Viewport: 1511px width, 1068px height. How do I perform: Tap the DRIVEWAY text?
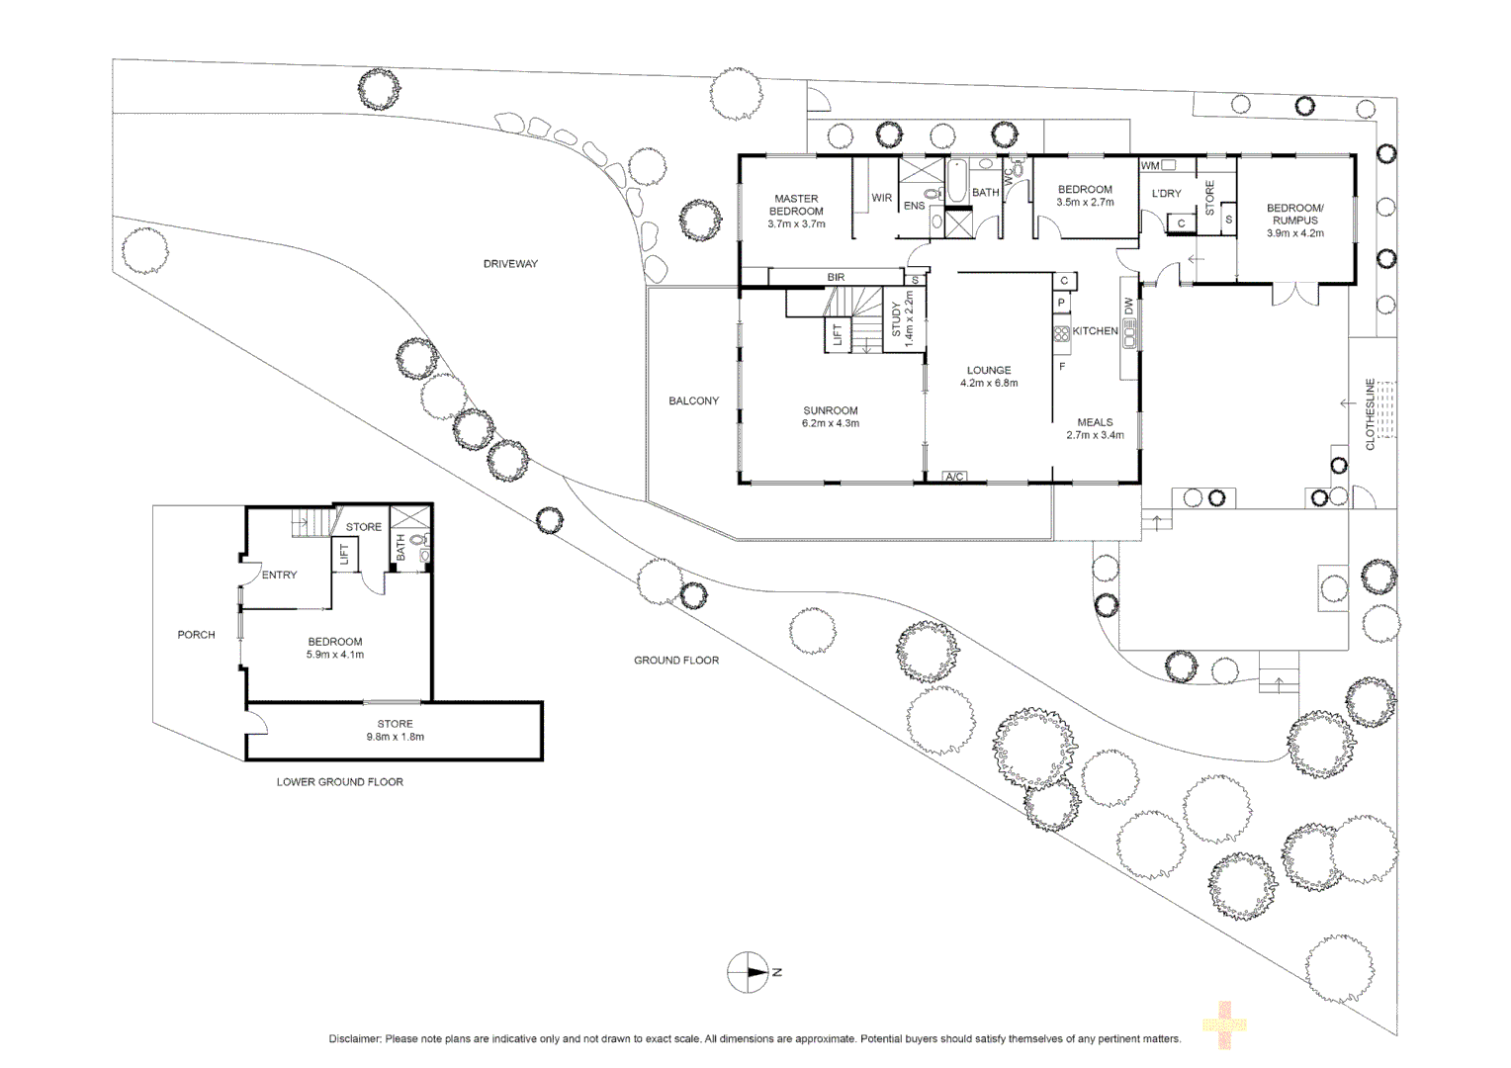tap(510, 264)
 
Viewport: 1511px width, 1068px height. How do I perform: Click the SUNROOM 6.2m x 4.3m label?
tap(830, 416)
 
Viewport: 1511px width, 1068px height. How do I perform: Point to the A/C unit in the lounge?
tap(954, 477)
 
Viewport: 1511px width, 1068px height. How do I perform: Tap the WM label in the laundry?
tap(1150, 166)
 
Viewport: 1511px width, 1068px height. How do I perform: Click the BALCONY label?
tap(693, 400)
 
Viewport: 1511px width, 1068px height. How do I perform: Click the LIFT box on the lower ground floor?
tap(344, 554)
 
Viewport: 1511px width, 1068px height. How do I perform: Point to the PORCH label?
tap(196, 635)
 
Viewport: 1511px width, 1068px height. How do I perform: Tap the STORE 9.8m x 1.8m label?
tap(395, 730)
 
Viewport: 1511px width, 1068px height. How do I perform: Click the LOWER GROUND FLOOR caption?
tap(339, 781)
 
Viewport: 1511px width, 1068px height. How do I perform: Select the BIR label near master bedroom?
tap(836, 278)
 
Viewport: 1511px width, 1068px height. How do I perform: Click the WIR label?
tap(881, 198)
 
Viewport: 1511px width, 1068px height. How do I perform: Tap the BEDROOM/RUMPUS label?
tap(1294, 221)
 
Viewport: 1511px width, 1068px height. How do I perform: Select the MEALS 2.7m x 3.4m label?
tap(1095, 428)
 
